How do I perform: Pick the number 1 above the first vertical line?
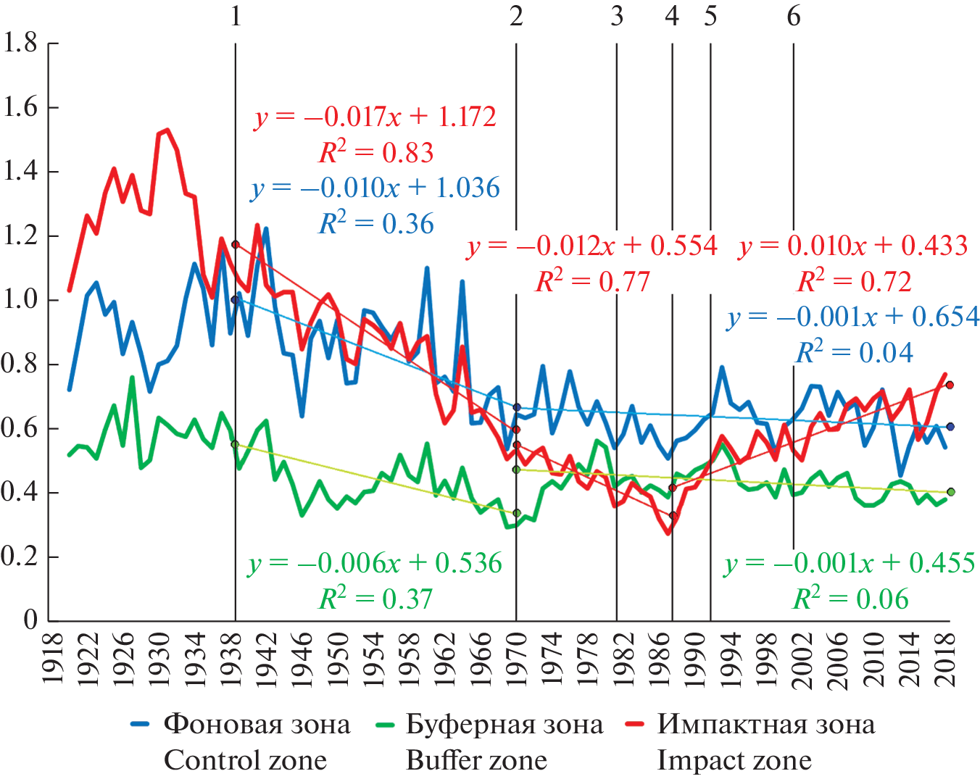(236, 16)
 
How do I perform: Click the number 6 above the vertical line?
(794, 16)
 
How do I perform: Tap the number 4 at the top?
(672, 16)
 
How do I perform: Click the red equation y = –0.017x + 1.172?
(375, 117)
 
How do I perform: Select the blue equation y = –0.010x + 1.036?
(375, 188)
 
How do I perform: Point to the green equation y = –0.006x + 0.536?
(375, 563)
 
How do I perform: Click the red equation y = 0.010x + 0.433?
(853, 246)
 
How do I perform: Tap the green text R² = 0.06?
(851, 599)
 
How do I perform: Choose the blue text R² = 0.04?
(855, 353)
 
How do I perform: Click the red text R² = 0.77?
(592, 281)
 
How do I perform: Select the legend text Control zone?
(245, 760)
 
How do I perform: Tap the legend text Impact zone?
(734, 760)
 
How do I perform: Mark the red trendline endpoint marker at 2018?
(950, 385)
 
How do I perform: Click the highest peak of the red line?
(167, 130)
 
